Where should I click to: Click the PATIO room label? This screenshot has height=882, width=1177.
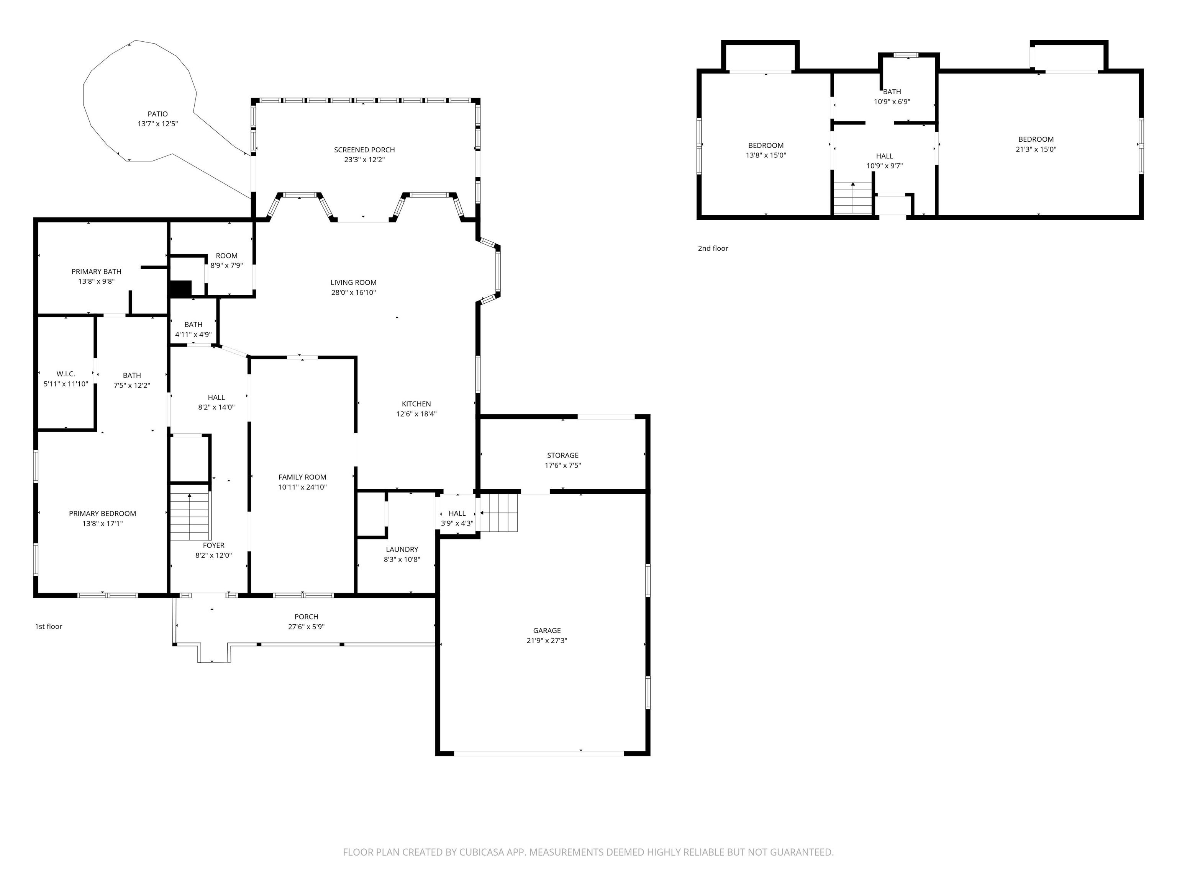(157, 114)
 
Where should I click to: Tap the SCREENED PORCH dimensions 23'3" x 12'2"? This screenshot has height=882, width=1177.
(364, 160)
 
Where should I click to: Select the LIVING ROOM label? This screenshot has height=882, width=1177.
(353, 282)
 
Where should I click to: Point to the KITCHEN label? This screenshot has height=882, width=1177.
(416, 404)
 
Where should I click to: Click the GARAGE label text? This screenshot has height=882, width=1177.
(547, 630)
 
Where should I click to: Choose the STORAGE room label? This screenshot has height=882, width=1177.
(562, 455)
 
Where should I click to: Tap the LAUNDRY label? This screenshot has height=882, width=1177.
(402, 549)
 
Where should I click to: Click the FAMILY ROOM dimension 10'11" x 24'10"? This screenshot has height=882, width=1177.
(302, 487)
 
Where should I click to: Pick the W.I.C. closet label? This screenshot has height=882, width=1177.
(66, 374)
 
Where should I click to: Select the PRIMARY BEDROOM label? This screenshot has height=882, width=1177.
(102, 514)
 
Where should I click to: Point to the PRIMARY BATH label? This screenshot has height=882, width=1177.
(96, 272)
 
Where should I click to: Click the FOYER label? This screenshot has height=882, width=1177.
(213, 546)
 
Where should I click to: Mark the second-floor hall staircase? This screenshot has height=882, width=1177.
(853, 198)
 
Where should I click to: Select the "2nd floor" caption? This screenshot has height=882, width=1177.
(713, 248)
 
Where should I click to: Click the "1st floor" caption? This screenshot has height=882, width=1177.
(48, 626)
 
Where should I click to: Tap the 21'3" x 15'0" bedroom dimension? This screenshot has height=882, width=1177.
(1036, 149)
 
